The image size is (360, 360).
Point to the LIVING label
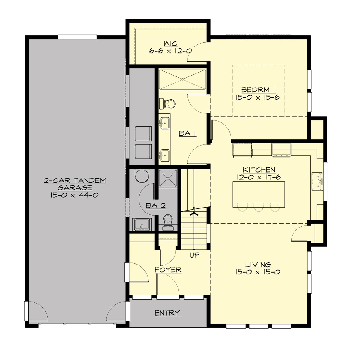click(x=258, y=265)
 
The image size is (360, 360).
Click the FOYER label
click(x=168, y=270)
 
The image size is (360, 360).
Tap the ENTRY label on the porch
click(x=167, y=313)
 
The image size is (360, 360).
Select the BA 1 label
click(x=187, y=133)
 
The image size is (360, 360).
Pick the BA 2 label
click(x=156, y=205)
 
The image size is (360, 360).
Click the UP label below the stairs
click(x=195, y=255)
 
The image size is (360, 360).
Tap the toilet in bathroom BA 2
click(x=168, y=221)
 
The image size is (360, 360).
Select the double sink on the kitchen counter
click(x=317, y=181)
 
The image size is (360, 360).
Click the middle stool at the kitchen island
click(x=258, y=207)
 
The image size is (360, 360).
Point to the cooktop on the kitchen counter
click(x=281, y=150)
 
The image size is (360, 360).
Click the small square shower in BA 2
click(x=168, y=179)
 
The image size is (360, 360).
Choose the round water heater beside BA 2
click(x=142, y=176)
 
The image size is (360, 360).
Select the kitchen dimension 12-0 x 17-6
click(x=259, y=177)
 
